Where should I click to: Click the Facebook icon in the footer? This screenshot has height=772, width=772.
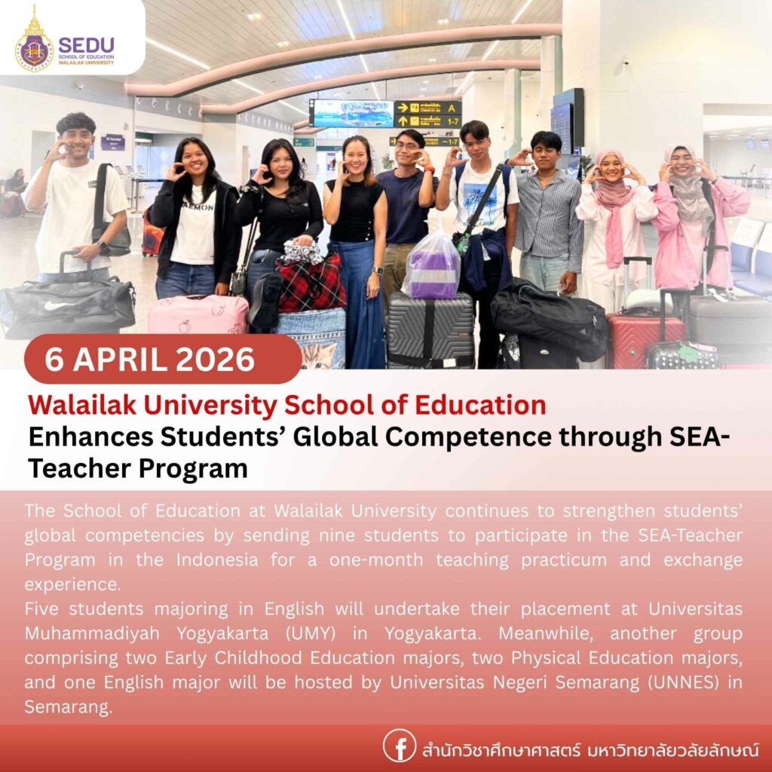tap(400, 746)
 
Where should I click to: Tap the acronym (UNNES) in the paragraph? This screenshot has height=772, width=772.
tap(679, 682)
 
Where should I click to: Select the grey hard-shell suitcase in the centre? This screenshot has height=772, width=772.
tap(429, 329)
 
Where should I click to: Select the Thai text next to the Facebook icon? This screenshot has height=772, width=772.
tap(588, 749)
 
